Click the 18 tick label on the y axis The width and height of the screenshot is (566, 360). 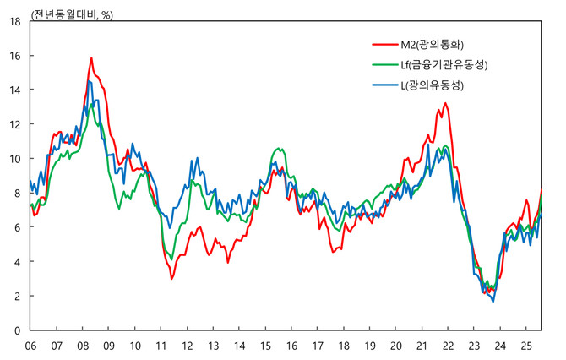tap(15, 21)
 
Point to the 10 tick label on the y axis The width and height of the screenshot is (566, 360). tap(15, 159)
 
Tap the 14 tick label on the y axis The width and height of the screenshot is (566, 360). tap(15, 90)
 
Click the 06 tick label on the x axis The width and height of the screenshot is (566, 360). tap(30, 346)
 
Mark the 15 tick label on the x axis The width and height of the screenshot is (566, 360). tap(266, 346)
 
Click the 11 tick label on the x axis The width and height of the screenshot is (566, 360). tap(161, 346)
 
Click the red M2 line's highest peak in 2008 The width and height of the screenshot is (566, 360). tap(91, 58)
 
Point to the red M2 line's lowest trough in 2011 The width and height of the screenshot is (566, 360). tap(171, 279)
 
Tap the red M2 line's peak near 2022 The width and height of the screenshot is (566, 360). tap(445, 103)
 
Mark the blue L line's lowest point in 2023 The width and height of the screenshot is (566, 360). tap(493, 302)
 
